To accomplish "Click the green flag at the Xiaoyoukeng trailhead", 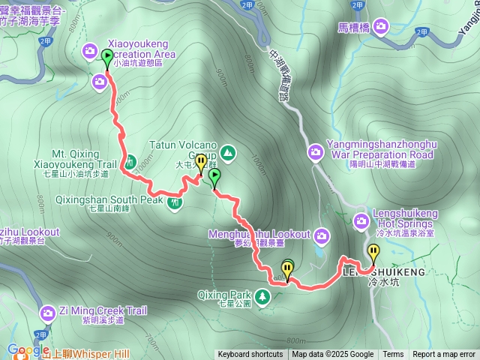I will (x=107, y=57).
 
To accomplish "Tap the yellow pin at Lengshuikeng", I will (x=373, y=251).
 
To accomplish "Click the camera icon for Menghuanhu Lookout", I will (x=322, y=237).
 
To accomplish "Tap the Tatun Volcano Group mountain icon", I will (x=228, y=154).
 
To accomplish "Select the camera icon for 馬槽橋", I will (x=381, y=28).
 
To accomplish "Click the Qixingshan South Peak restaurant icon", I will (x=175, y=202).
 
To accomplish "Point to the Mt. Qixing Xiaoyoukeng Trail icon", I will (x=130, y=161).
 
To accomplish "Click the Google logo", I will (x=28, y=349).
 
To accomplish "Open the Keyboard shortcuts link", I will (x=250, y=355).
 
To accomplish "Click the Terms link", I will (x=393, y=355).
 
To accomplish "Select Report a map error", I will (x=444, y=355).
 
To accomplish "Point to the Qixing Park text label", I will (x=224, y=295).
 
